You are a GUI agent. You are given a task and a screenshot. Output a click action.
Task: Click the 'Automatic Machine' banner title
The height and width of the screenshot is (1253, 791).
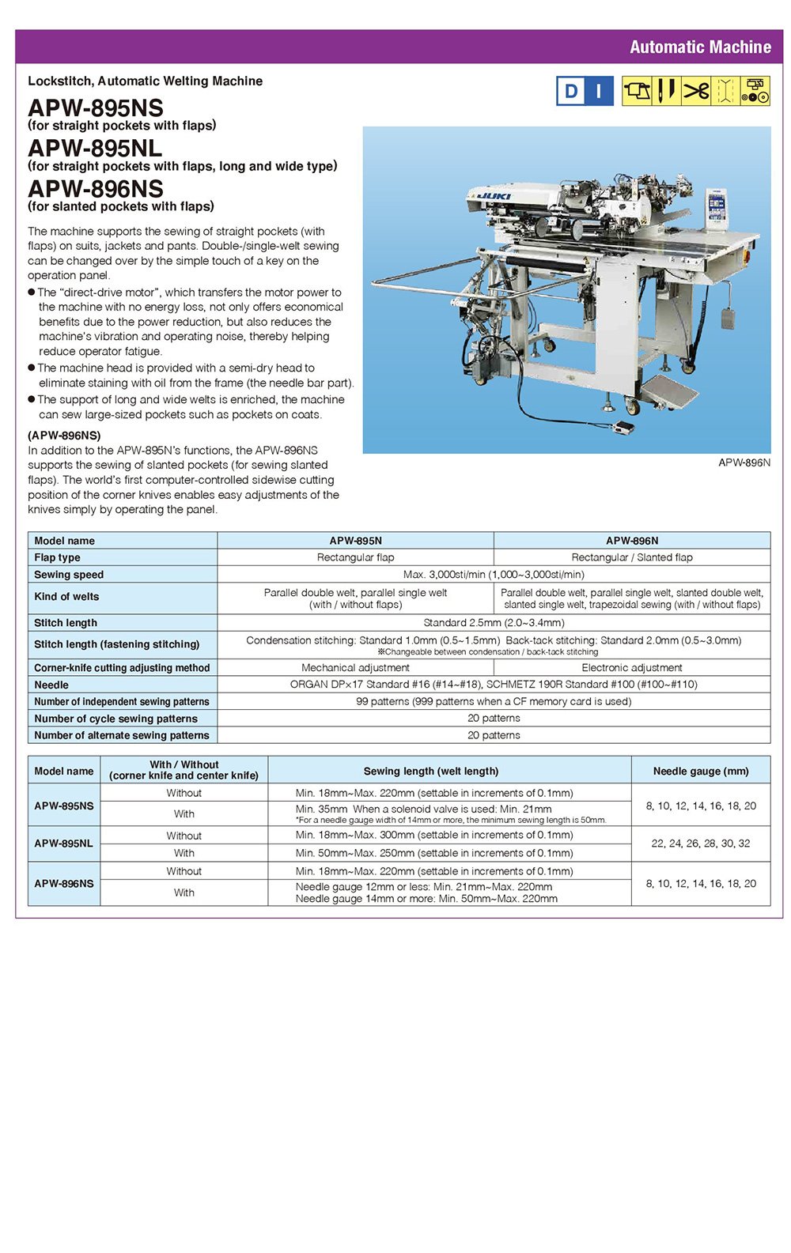(x=700, y=47)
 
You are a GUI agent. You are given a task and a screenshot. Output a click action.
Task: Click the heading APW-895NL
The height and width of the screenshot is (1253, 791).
(x=95, y=148)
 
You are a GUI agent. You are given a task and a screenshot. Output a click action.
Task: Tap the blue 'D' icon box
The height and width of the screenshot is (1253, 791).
(x=570, y=92)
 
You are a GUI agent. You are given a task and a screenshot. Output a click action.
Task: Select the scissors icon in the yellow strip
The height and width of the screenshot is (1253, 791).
(x=696, y=91)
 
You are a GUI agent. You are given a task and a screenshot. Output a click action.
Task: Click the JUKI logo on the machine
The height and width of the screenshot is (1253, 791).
(x=496, y=195)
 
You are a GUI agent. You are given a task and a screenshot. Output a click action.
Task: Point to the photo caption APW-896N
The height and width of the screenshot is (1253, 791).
(x=744, y=462)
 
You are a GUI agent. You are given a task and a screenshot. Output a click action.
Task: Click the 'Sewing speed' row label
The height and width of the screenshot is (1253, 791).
(x=69, y=575)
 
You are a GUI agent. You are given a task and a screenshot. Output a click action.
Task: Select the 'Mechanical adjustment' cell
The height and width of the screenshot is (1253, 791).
(x=355, y=668)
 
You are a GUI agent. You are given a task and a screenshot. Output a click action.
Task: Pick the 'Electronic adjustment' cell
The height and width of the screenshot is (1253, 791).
(x=631, y=668)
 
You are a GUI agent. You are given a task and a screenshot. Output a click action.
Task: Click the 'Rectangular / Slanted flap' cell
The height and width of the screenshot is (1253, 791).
(x=631, y=557)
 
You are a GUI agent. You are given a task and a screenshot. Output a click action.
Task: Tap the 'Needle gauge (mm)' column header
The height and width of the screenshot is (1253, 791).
(x=700, y=771)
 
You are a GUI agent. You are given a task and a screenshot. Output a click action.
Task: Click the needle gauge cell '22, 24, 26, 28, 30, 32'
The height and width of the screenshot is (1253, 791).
(x=700, y=844)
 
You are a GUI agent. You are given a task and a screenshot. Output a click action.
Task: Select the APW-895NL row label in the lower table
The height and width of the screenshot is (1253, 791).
(x=63, y=844)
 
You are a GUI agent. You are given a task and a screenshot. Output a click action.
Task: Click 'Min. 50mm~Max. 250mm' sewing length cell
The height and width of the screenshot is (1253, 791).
(x=433, y=853)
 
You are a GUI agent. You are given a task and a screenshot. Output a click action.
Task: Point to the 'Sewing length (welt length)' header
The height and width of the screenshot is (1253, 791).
(x=431, y=771)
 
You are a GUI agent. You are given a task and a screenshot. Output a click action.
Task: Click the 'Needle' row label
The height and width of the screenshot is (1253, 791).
(x=51, y=685)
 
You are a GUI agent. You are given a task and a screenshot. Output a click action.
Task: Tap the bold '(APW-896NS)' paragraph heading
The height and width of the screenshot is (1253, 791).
(x=64, y=436)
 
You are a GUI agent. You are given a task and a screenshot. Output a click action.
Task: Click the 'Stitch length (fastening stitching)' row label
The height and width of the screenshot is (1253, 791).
(x=116, y=644)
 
